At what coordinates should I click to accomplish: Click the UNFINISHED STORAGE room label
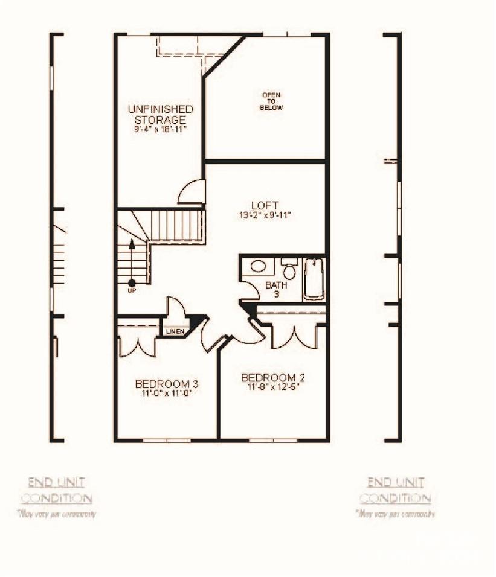point(160,114)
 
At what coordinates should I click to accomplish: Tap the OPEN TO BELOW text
point(271,101)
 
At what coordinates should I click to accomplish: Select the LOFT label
point(265,205)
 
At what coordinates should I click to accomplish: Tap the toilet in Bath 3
point(289,270)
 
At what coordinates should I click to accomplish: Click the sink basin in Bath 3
point(259,266)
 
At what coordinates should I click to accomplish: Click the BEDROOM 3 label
point(167,384)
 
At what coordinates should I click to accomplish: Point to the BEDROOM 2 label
point(273,378)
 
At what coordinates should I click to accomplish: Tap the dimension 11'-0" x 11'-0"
point(167,393)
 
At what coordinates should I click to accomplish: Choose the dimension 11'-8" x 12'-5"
point(273,387)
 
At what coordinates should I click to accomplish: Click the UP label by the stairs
point(132,290)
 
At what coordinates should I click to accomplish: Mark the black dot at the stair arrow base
point(132,282)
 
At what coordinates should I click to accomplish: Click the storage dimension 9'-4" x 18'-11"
point(160,129)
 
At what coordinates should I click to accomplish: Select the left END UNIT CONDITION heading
point(57,490)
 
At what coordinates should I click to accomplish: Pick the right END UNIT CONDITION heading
point(396,490)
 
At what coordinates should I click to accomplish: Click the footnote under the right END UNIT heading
point(396,514)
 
